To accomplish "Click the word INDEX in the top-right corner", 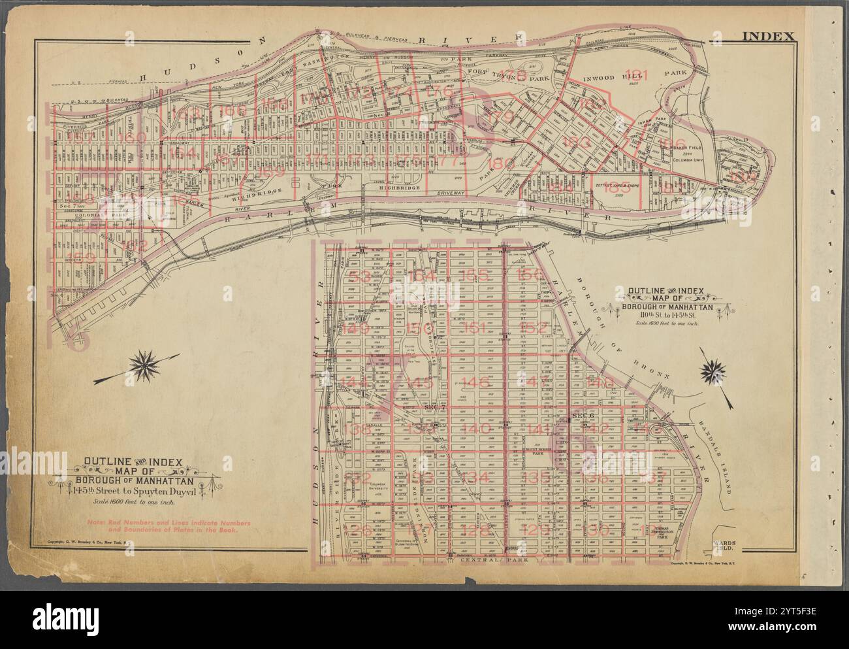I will click(x=768, y=37).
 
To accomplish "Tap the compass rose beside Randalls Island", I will click(x=713, y=373).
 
